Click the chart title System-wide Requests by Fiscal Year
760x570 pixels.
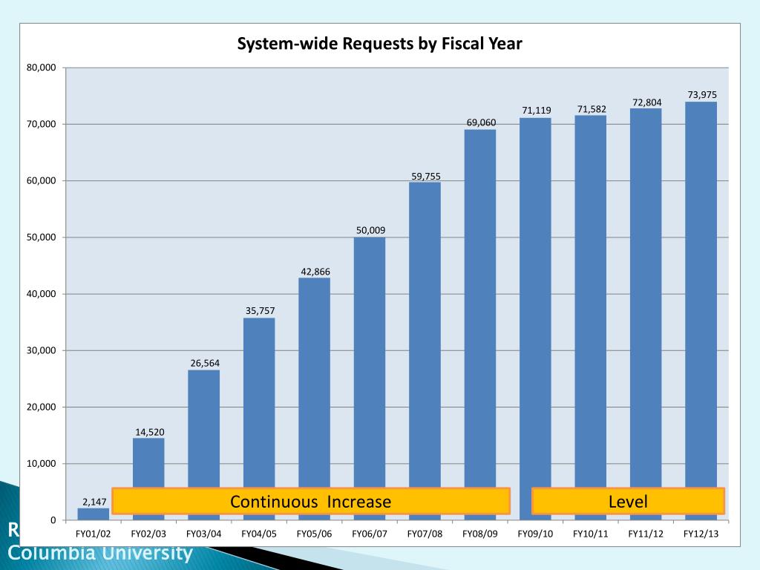point(379,44)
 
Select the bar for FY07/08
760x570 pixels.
point(425,334)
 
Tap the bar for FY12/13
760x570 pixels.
point(701,297)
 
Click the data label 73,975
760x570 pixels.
point(701,94)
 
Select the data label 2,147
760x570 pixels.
point(94,502)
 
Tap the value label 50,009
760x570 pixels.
point(370,230)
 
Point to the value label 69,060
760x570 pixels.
point(481,122)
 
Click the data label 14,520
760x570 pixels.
point(149,431)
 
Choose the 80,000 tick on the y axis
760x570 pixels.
point(41,68)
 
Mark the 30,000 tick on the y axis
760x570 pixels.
point(41,350)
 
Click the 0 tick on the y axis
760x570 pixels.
point(52,520)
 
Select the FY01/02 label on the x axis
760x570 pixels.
point(94,534)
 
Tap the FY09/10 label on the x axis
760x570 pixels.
point(535,534)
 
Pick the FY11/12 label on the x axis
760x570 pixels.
point(646,534)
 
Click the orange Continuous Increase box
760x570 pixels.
point(310,501)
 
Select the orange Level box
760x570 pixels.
point(628,501)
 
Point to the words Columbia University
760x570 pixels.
point(100,554)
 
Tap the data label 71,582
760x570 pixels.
point(592,109)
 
